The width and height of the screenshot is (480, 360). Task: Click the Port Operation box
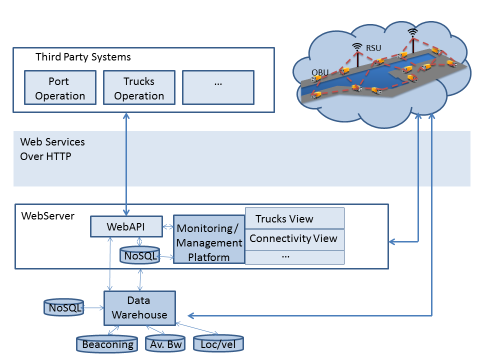(60, 87)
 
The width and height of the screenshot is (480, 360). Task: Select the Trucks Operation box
(139, 87)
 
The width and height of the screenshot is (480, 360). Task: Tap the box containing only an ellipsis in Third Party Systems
(218, 87)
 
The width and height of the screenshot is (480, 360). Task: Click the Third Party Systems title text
(83, 57)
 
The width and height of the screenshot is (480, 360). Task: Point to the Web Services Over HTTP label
(52, 149)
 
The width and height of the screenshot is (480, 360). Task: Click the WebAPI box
(126, 226)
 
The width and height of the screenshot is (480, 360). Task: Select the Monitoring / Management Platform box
(209, 243)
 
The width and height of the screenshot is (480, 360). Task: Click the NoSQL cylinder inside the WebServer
(139, 255)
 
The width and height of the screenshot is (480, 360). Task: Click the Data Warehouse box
(139, 307)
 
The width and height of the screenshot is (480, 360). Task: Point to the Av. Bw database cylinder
(164, 344)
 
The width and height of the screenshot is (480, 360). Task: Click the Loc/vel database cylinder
(218, 344)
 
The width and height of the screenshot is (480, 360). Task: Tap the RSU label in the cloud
(373, 48)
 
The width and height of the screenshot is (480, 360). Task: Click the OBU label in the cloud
(320, 72)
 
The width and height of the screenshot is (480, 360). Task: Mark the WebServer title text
(48, 216)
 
